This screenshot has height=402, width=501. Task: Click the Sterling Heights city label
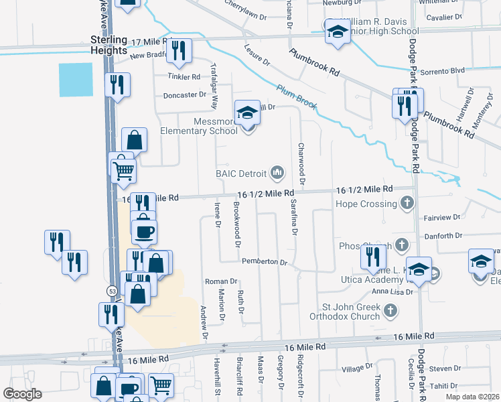109,46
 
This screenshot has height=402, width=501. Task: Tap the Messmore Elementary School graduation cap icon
247,113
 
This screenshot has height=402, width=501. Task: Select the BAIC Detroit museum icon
277,174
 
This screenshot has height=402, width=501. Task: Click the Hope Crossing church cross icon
407,202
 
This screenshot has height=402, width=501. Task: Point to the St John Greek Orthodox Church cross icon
390,310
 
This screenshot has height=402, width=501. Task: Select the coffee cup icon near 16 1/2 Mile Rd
144,232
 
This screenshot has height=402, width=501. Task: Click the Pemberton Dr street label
265,261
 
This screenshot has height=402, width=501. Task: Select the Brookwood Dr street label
237,224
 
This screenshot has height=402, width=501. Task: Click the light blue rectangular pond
76,80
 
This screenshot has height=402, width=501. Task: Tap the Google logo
23,393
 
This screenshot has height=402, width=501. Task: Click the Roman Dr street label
221,282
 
